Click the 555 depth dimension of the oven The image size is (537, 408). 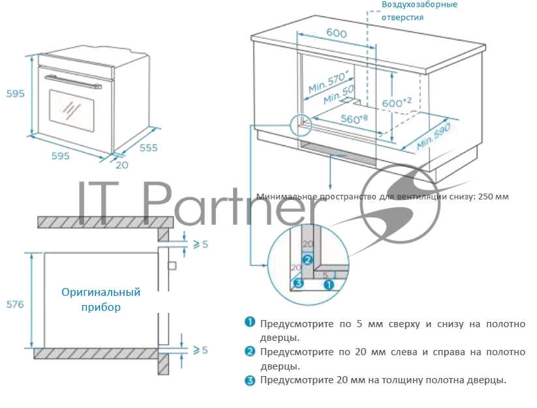click(149, 148)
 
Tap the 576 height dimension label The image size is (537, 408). click(16, 304)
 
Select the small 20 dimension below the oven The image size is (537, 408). click(122, 165)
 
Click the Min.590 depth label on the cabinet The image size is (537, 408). click(433, 137)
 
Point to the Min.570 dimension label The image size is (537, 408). click(328, 81)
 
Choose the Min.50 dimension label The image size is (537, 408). click(339, 95)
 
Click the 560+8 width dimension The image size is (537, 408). click(354, 119)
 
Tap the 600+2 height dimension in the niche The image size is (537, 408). click(397, 102)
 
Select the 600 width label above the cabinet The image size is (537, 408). click(337, 33)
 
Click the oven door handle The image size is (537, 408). click(73, 81)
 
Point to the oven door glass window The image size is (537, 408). click(72, 110)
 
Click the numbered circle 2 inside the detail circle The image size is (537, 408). click(307, 260)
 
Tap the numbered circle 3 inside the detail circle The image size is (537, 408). click(299, 283)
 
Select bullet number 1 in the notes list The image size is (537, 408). click(250, 322)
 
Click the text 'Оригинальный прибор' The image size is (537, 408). click(101, 300)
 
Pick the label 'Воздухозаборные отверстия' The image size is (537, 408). click(420, 10)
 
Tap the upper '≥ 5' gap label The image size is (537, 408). click(200, 244)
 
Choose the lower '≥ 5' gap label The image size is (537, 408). click(200, 350)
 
